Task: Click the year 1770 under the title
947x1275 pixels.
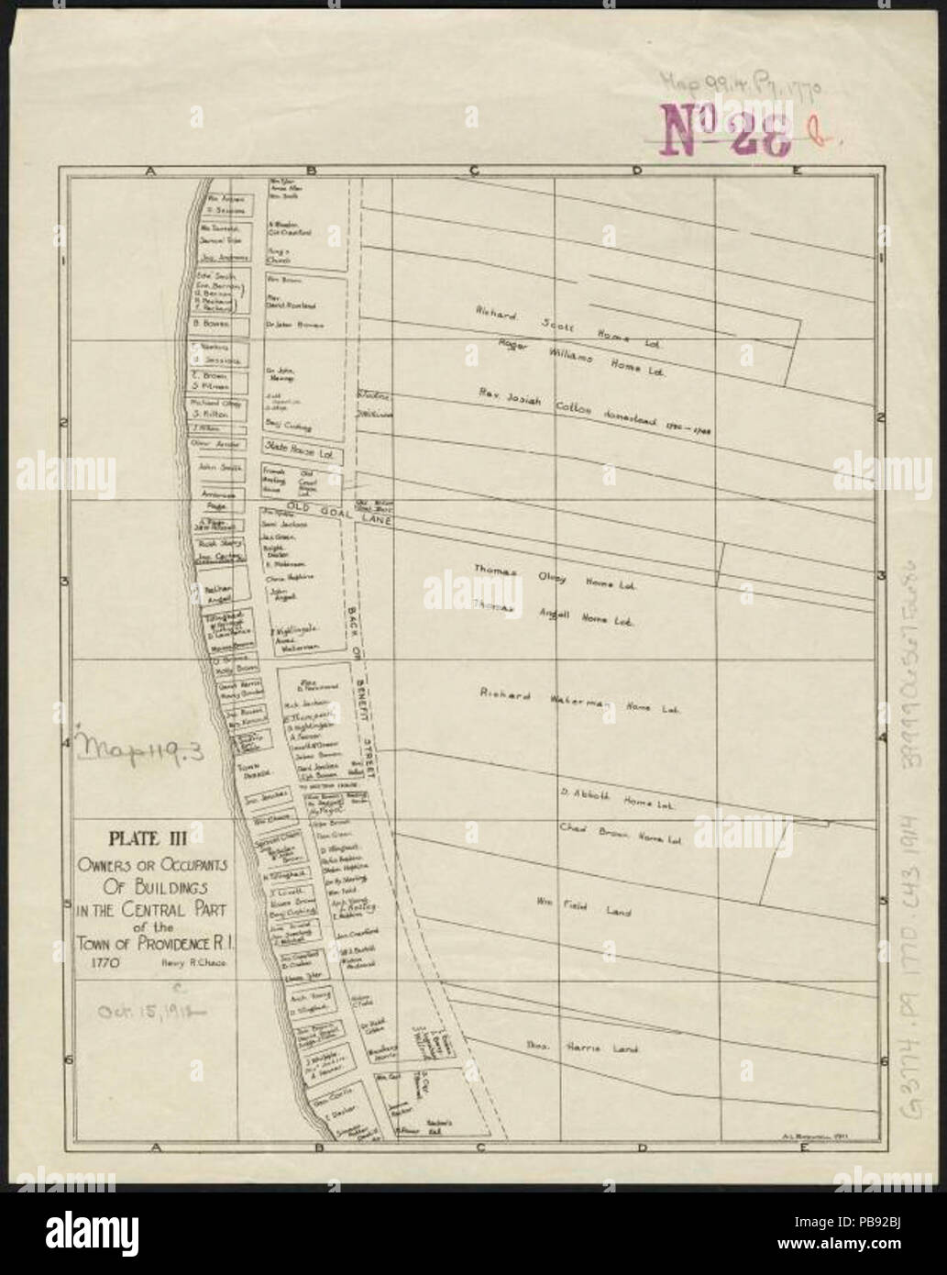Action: (x=104, y=963)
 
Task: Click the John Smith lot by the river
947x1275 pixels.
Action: (x=220, y=467)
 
